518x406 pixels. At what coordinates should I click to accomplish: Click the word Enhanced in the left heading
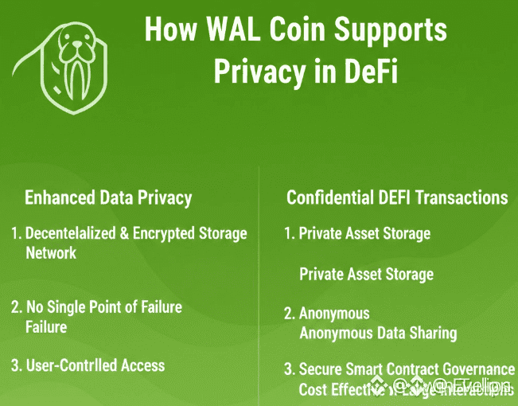pos(60,197)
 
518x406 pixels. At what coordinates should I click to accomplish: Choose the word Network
pos(51,252)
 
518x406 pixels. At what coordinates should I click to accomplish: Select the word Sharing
pos(430,333)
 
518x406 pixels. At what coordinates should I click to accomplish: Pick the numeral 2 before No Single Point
pos(15,306)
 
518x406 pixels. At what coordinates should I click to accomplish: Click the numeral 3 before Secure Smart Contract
pos(290,369)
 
